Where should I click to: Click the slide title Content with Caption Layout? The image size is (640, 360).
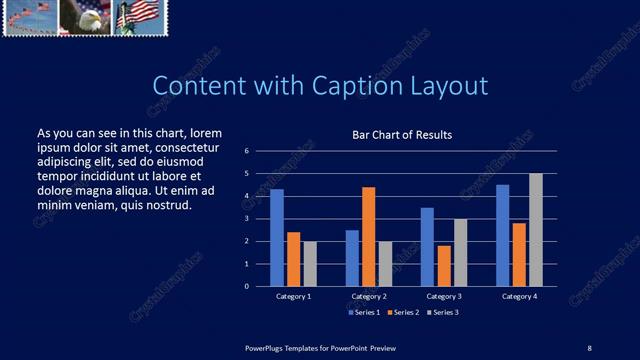320,86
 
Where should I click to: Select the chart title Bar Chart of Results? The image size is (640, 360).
402,135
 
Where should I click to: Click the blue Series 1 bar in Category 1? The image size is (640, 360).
277,237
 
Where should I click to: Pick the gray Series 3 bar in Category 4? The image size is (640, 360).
536,229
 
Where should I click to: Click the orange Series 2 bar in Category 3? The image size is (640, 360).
443,265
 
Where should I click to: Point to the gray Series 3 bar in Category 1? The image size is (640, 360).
310,263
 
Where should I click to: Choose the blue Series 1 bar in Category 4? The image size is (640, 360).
502,235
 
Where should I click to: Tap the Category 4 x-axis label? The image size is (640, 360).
519,297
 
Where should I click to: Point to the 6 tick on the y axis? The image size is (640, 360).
246,151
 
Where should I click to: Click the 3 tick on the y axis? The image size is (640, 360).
246,218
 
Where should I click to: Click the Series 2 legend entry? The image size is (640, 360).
403,313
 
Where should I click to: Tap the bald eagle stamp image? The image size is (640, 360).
84,17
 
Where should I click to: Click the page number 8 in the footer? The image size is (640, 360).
589,347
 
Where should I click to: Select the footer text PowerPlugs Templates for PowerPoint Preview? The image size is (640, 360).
321,347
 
